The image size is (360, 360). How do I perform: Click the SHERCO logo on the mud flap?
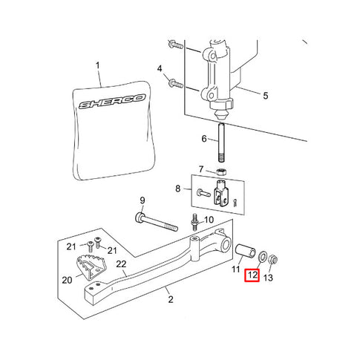(x=112, y=102)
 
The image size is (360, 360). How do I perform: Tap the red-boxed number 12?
(x=252, y=275)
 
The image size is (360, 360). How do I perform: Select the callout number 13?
(x=268, y=278)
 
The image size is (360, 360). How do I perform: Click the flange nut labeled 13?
(x=272, y=260)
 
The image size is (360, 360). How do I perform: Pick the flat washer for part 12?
(x=263, y=256)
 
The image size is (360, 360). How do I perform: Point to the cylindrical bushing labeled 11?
(x=245, y=251)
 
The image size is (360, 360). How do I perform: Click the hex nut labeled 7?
(x=220, y=171)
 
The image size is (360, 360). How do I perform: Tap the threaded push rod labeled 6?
(x=221, y=143)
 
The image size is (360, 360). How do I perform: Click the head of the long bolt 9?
(x=140, y=217)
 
